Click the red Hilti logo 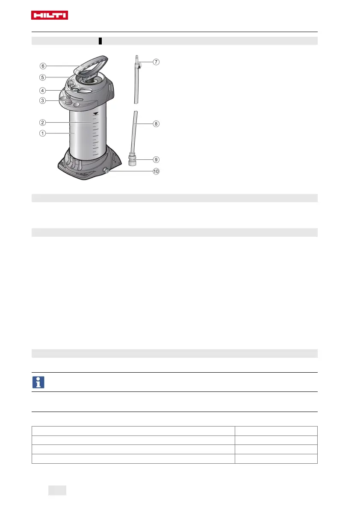point(49,15)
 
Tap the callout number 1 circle point(42,133)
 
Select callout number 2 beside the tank point(42,122)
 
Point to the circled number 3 point(42,100)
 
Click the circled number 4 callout point(42,91)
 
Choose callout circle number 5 point(42,77)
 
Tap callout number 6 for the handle point(43,66)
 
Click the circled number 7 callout point(156,62)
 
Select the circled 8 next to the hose point(156,124)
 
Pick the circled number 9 point(156,160)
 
